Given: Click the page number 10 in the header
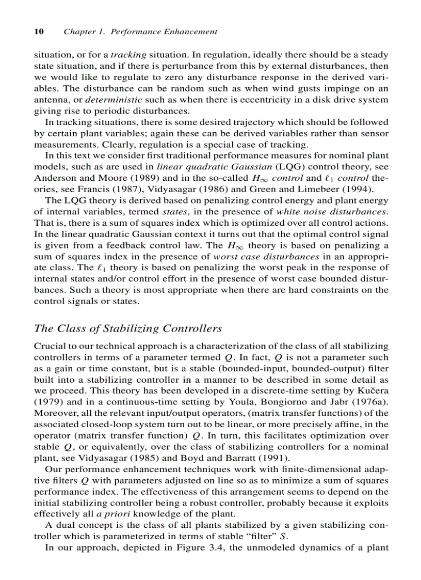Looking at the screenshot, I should (x=38, y=32).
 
